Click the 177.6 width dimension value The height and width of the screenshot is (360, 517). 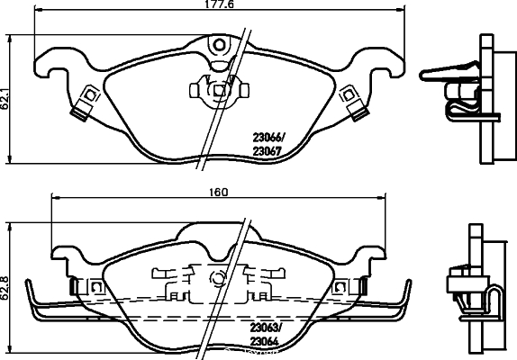coord(219,4)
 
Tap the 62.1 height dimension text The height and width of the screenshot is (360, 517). coord(5,98)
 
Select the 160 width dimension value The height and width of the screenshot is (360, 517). coord(219,192)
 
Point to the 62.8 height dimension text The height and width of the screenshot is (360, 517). coord(5,287)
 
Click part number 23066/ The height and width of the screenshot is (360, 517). coord(268,137)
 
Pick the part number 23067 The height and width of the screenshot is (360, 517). coord(267,151)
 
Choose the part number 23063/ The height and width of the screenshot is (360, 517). coord(266,328)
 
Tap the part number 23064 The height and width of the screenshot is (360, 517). coord(264,342)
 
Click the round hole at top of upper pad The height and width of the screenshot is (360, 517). coord(220,44)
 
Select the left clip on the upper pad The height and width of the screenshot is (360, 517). coord(85,103)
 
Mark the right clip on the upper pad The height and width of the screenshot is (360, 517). coord(353,103)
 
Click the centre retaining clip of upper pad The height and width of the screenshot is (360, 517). coord(219,90)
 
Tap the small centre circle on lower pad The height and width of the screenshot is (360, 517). coord(218,279)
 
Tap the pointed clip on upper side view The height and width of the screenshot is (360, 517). coord(449,71)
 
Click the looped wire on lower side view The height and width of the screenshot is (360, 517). coord(494,301)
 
